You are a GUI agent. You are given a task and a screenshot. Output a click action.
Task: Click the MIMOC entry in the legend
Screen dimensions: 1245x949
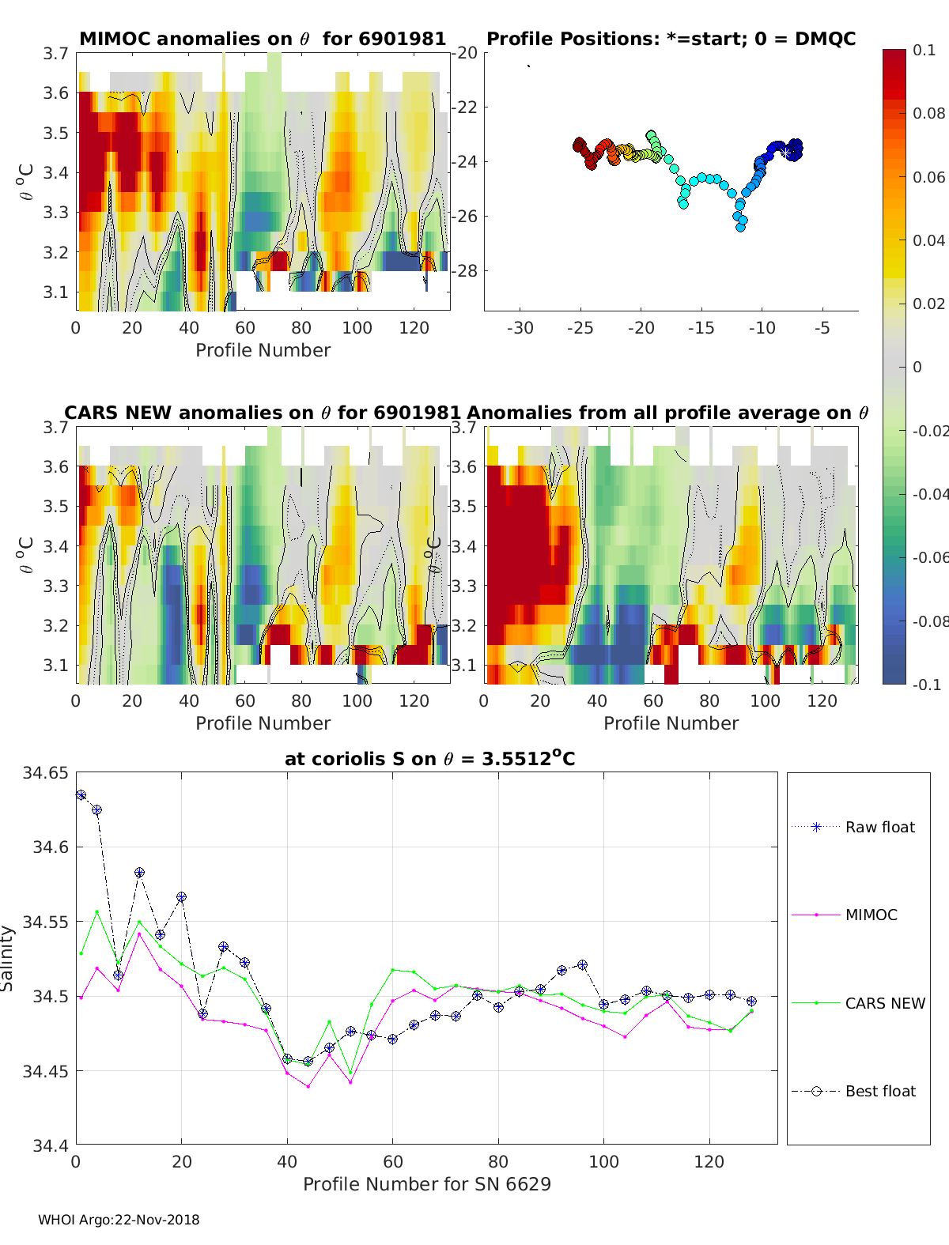[871, 915]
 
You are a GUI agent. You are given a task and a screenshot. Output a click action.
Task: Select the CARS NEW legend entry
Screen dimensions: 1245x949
[884, 1003]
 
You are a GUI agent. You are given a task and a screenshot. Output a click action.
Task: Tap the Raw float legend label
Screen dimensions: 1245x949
[879, 827]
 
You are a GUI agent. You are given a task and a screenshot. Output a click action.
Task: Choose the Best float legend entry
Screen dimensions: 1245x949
[879, 1091]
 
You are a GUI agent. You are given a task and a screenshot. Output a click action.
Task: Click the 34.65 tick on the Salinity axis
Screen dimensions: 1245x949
[46, 773]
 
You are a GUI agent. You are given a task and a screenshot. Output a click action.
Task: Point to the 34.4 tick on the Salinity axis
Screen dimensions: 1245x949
[51, 1145]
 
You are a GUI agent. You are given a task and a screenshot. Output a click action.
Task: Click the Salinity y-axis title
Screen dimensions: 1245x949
[8, 958]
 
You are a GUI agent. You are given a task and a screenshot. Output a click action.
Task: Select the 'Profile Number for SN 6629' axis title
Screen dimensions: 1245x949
[426, 1184]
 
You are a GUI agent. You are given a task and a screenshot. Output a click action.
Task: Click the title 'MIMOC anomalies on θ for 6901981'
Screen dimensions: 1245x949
[263, 39]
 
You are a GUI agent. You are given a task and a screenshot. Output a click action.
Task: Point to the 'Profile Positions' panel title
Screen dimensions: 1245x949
[671, 39]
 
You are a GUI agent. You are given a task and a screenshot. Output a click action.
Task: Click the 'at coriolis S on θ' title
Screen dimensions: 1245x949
[429, 759]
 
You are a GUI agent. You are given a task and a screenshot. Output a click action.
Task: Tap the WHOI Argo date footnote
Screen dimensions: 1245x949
[119, 1220]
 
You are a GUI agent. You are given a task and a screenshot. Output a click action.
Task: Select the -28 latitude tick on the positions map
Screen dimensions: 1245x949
[467, 270]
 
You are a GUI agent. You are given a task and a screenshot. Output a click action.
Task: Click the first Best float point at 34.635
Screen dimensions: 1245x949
[81, 795]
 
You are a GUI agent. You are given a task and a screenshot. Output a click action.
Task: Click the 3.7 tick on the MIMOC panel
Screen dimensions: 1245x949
[56, 53]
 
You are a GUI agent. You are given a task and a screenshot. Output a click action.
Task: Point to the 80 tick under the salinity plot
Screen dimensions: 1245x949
[498, 1161]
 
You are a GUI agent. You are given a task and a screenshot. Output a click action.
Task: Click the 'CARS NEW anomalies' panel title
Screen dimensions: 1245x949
[262, 413]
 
